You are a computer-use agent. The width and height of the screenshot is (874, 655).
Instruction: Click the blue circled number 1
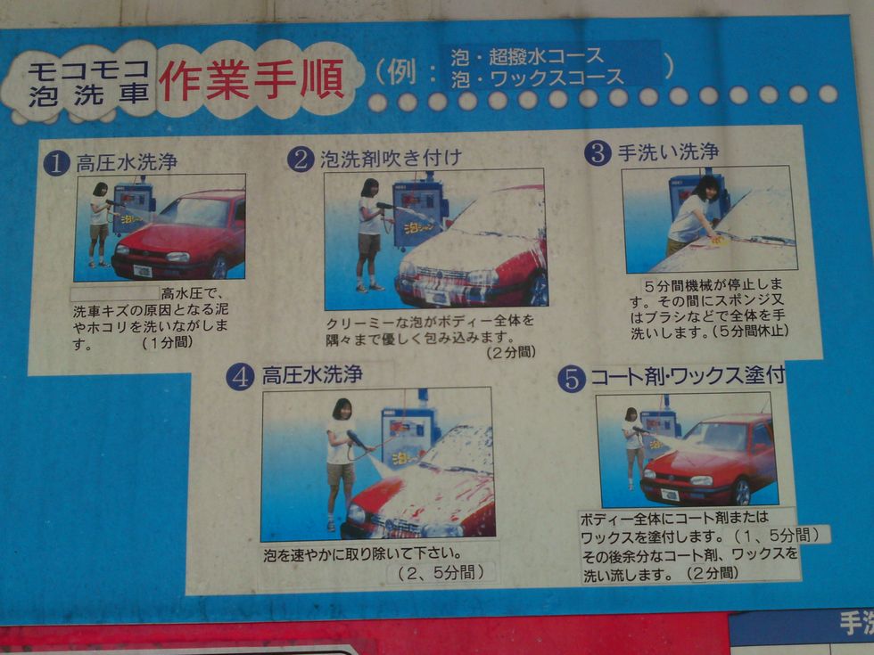[x=56, y=163]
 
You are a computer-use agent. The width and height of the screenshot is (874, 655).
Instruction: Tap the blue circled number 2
[x=301, y=160]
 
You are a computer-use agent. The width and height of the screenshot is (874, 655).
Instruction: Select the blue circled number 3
[x=598, y=153]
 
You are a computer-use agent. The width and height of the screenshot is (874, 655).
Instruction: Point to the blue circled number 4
[x=240, y=377]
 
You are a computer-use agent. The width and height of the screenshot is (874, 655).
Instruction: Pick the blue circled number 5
[x=572, y=380]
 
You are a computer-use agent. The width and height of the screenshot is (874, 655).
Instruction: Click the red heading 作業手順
[x=251, y=80]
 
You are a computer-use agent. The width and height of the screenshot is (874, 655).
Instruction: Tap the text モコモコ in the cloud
[x=88, y=70]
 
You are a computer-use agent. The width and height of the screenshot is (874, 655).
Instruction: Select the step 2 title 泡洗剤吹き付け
[x=391, y=159]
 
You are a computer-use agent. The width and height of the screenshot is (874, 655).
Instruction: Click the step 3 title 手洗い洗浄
[x=668, y=152]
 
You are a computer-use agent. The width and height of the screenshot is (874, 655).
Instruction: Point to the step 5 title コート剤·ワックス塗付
[x=688, y=376]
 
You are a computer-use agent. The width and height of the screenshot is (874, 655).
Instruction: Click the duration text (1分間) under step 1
[x=168, y=342]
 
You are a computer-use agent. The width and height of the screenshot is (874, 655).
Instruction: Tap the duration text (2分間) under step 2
[x=511, y=352]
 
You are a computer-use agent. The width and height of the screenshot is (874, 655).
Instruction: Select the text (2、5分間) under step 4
[x=441, y=572]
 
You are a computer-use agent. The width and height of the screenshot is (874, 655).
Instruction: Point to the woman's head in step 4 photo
[x=342, y=409]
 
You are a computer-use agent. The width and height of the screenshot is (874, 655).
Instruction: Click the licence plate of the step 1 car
[x=143, y=271]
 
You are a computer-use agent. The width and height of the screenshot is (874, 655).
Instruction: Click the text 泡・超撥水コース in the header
[x=527, y=56]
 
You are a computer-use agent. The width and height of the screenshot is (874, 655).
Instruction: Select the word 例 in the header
[x=402, y=72]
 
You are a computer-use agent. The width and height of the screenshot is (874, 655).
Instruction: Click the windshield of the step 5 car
[x=722, y=436]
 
